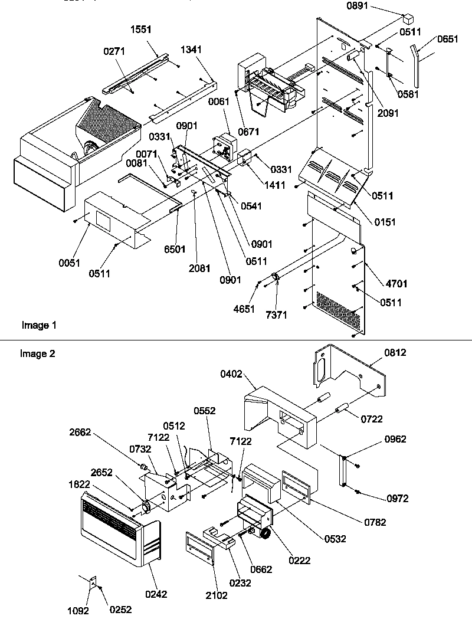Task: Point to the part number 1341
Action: [x=191, y=51]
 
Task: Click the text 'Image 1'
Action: [x=40, y=325]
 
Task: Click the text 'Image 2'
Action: [x=37, y=353]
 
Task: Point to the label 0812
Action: [x=395, y=352]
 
